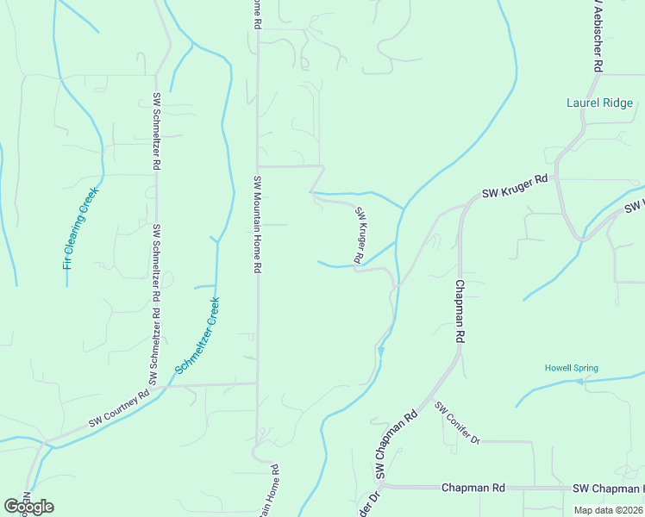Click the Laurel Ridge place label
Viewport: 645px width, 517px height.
pos(600,103)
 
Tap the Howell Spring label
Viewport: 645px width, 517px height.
pos(571,368)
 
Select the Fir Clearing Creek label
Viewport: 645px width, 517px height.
pos(82,228)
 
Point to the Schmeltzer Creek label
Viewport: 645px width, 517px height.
pos(198,335)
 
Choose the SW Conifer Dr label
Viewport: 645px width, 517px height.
pos(456,423)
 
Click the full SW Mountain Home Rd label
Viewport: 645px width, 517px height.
pos(257,225)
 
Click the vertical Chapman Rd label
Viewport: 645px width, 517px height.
pos(460,312)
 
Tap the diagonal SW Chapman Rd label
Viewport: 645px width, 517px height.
pos(397,445)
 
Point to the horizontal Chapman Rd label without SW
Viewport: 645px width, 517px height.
pos(473,488)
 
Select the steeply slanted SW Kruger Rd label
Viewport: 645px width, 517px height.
pos(361,234)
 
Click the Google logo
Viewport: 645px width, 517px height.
pos(28,507)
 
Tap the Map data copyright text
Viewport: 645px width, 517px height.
pos(609,510)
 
